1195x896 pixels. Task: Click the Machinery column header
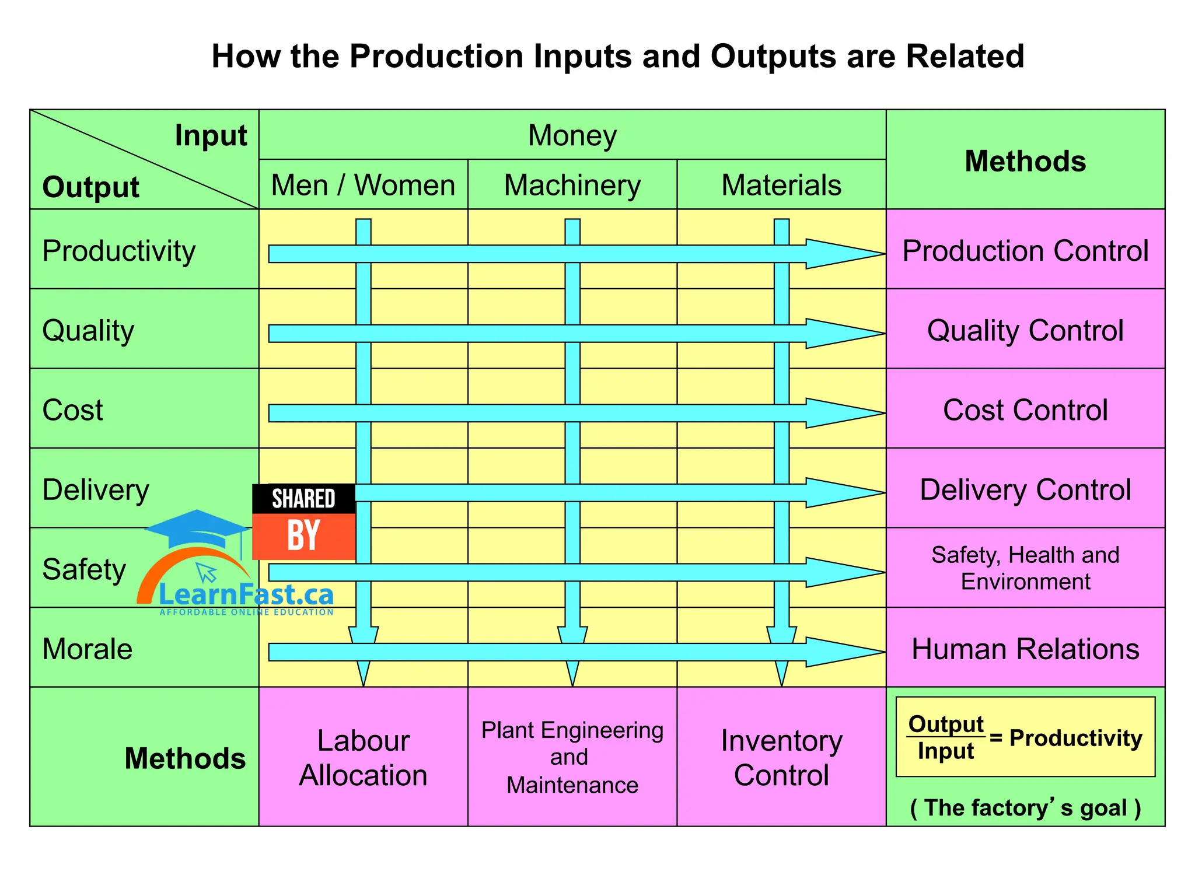click(x=572, y=185)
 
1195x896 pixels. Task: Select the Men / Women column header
click(x=363, y=185)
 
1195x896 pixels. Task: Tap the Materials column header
click(x=781, y=185)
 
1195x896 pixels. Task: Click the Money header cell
click(x=572, y=135)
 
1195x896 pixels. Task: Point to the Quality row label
click(x=89, y=330)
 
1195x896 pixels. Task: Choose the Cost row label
click(x=73, y=410)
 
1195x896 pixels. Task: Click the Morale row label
click(x=88, y=649)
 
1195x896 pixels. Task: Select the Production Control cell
click(x=1025, y=251)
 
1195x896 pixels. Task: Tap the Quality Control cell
click(x=1025, y=330)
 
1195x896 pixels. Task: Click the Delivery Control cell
click(x=1025, y=489)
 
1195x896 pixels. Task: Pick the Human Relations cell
click(x=1025, y=649)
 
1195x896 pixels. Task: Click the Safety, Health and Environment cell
click(x=1025, y=568)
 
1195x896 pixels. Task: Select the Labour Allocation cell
click(x=363, y=757)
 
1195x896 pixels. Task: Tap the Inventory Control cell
click(x=781, y=757)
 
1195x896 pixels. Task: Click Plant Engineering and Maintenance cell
click(x=572, y=757)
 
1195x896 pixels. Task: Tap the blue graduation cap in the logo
click(x=197, y=528)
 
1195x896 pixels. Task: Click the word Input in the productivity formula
click(x=945, y=751)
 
